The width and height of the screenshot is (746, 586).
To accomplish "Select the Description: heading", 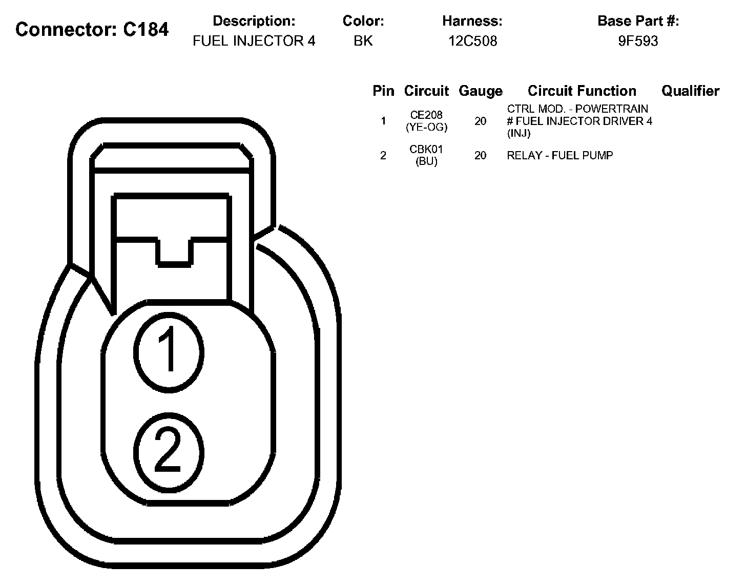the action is tap(254, 21).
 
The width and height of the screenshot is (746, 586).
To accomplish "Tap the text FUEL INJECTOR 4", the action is tap(254, 41).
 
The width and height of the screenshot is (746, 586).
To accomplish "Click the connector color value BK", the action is tap(363, 41).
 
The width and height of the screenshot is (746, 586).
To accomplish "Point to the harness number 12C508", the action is tap(473, 41).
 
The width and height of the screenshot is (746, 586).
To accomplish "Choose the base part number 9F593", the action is tap(638, 41).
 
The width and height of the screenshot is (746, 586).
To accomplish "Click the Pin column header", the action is tap(383, 91).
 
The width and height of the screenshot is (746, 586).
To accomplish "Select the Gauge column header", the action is tap(481, 91).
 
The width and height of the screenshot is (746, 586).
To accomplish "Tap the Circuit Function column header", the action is tap(582, 91).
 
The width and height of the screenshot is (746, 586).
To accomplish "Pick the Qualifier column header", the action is tap(690, 91).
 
